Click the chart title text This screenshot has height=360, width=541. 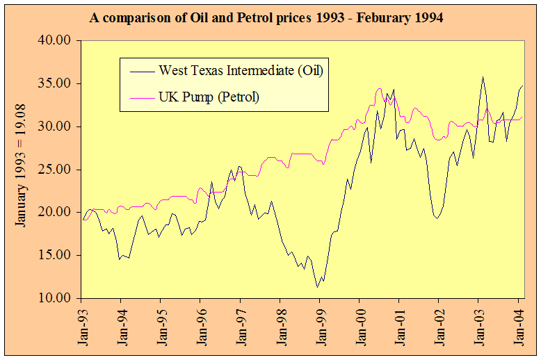pyautogui.click(x=266, y=17)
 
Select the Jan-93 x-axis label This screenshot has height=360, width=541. pyautogui.click(x=82, y=325)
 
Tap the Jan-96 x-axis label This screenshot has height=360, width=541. pyautogui.click(x=201, y=325)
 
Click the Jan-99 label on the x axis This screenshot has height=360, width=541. pyautogui.click(x=320, y=325)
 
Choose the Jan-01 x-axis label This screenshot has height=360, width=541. pyautogui.click(x=399, y=325)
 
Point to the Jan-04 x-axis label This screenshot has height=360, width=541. pyautogui.click(x=518, y=325)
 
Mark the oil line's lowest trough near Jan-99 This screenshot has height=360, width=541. pyautogui.click(x=317, y=287)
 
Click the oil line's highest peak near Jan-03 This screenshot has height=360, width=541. pyautogui.click(x=483, y=77)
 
